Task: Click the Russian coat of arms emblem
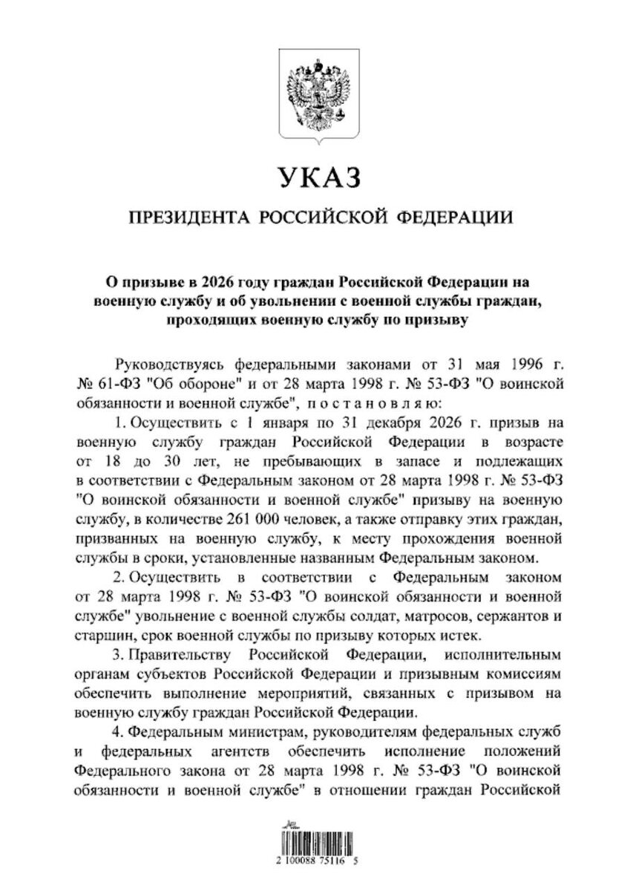[x=318, y=89]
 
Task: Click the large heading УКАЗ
[x=318, y=178]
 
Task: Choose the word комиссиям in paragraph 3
[x=514, y=676]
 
